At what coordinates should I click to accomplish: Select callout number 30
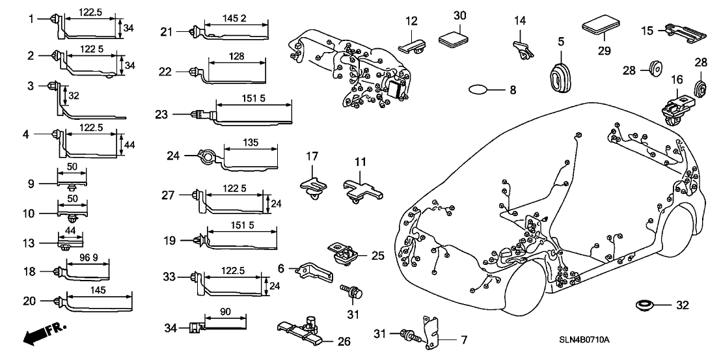tap(460, 15)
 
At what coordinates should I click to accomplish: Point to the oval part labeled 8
tap(478, 90)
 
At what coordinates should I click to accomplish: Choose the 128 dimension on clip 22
tap(237, 57)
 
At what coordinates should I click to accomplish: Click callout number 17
tap(312, 156)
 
